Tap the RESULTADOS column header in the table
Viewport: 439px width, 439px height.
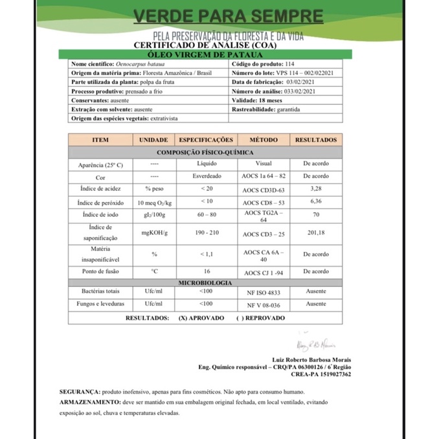[316, 140]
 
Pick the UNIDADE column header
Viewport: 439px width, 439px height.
[153, 140]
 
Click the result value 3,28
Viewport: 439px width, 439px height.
[316, 188]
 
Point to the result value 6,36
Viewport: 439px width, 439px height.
[316, 201]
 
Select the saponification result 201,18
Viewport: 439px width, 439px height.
[316, 233]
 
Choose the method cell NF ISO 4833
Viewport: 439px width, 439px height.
[264, 292]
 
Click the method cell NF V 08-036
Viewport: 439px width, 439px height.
[264, 304]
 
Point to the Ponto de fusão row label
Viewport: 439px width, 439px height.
[100, 271]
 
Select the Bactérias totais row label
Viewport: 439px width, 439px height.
[100, 292]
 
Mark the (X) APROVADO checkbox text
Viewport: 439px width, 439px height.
[201, 318]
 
